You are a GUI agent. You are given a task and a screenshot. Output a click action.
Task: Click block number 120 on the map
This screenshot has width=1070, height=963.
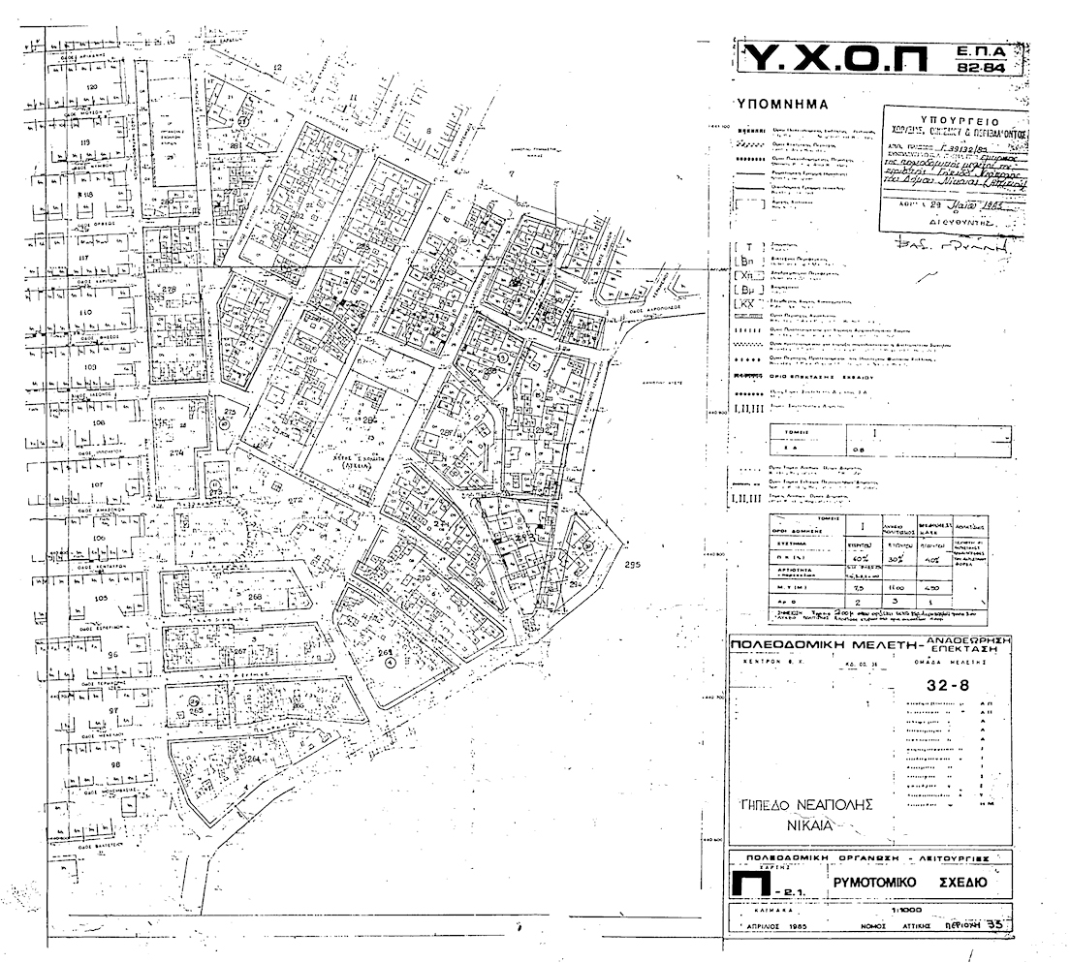tap(93, 88)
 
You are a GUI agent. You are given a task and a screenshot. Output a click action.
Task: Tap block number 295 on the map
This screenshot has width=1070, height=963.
tap(634, 565)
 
